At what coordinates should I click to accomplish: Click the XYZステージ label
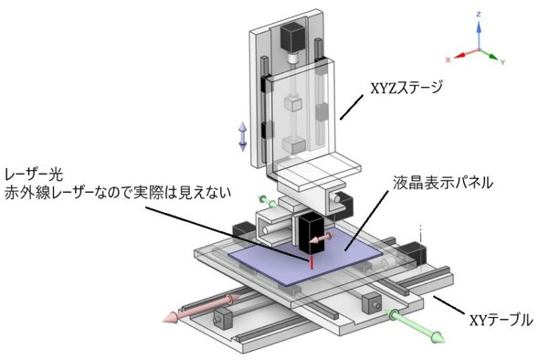[x=406, y=88]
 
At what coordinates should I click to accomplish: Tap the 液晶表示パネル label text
[x=443, y=183]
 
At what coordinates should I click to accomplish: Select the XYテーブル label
[x=501, y=320]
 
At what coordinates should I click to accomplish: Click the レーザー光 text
[x=34, y=175]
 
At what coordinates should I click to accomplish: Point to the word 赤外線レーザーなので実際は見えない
[x=118, y=193]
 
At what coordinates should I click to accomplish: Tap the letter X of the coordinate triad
[x=448, y=59]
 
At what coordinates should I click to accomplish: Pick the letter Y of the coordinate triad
[x=502, y=62]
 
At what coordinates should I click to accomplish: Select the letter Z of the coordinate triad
[x=479, y=15]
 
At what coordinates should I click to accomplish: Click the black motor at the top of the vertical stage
[x=293, y=37]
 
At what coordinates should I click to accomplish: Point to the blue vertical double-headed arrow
[x=243, y=136]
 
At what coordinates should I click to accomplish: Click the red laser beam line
[x=312, y=261]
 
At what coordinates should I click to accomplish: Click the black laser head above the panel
[x=312, y=234]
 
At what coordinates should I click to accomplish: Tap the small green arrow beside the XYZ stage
[x=268, y=202]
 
